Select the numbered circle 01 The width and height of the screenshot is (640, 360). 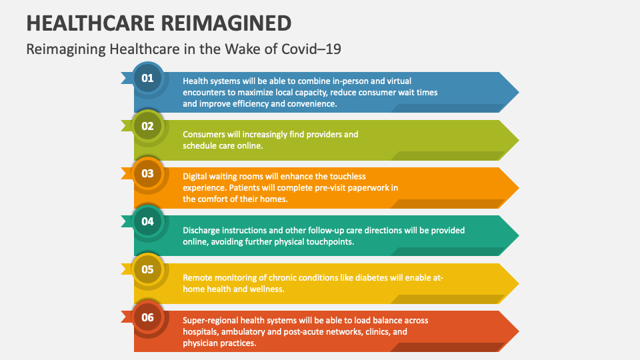[147, 79]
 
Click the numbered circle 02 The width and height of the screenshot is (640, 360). [147, 126]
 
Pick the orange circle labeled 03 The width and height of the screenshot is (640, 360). [147, 174]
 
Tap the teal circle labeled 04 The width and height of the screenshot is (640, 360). [147, 221]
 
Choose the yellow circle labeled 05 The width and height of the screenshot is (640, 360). [147, 269]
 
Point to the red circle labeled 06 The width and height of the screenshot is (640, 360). [147, 317]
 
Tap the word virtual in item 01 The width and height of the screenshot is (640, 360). [409, 81]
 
